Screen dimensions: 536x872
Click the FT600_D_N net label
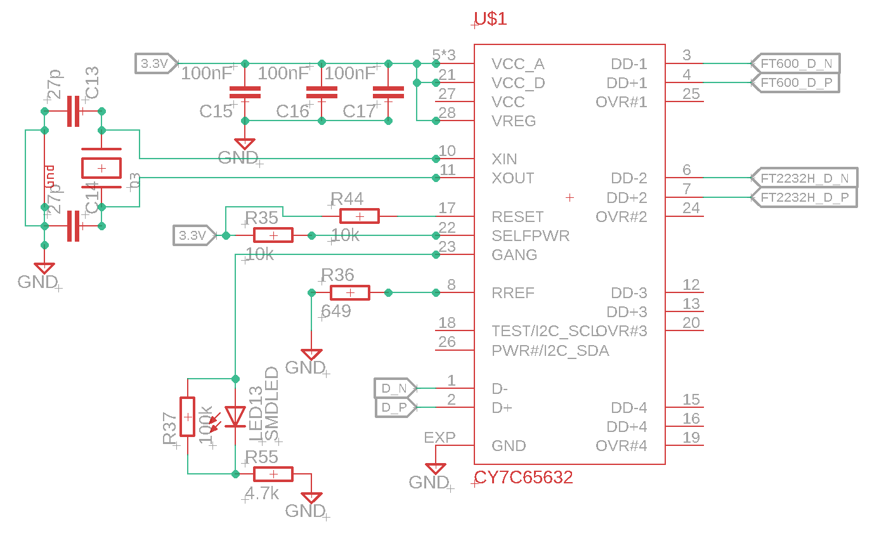point(796,63)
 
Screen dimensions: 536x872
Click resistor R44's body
point(360,216)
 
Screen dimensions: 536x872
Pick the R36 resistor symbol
point(349,292)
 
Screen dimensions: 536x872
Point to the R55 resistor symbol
point(273,474)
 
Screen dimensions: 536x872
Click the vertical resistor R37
point(188,417)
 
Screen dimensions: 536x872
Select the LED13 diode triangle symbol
point(236,416)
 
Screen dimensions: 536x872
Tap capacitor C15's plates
point(245,93)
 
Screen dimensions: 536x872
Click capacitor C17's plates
point(388,93)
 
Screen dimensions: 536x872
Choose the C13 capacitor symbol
point(74,111)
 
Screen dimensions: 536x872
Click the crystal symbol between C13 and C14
point(101,168)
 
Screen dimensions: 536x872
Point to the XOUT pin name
point(512,178)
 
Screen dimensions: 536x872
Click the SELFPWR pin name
point(530,236)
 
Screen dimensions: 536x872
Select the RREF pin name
point(512,293)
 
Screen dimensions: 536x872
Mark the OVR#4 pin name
point(621,446)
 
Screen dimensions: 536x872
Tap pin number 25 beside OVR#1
point(691,94)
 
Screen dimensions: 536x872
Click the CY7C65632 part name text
point(523,478)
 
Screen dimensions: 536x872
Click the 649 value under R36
point(336,311)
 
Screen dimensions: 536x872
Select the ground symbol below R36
point(311,355)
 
